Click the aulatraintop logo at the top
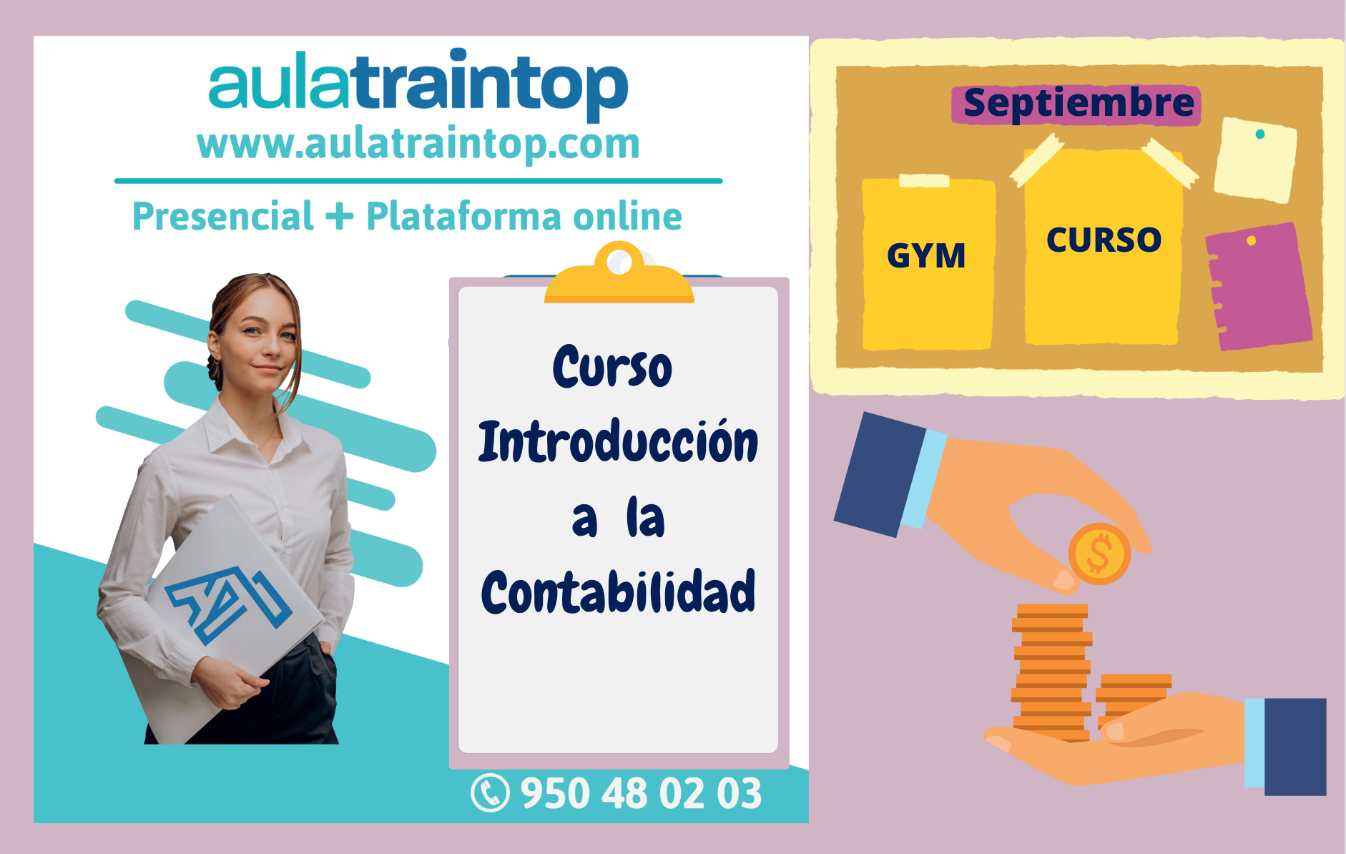(418, 84)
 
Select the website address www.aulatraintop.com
(418, 144)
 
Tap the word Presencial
(223, 216)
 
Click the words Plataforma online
(524, 216)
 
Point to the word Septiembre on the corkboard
(1079, 104)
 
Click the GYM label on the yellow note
(926, 255)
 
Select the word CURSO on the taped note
(1104, 240)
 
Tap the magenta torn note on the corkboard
(1259, 286)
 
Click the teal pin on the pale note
(1260, 134)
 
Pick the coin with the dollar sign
(1099, 554)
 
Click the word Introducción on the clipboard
(618, 441)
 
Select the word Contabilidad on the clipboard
(618, 592)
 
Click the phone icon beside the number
(491, 793)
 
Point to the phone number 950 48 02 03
(641, 794)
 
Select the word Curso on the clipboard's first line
(612, 366)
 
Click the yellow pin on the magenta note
(1252, 240)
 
